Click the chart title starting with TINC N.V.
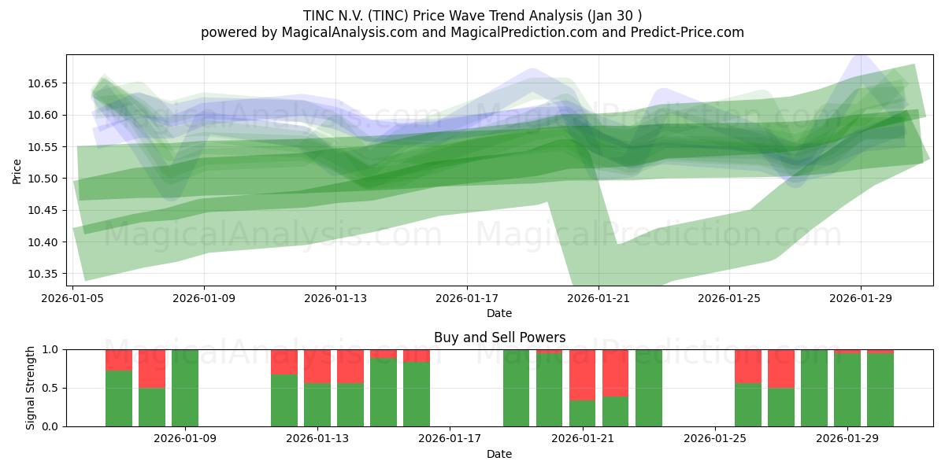(x=472, y=16)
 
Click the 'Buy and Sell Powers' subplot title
(x=499, y=337)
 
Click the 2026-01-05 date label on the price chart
(x=73, y=298)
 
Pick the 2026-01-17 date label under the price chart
(x=467, y=298)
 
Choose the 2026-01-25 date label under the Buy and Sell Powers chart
(x=714, y=439)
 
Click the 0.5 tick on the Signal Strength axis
(x=50, y=388)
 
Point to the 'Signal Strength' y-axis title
(x=31, y=388)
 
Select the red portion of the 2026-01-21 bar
(x=582, y=374)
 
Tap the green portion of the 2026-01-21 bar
(x=582, y=414)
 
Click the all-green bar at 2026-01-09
(x=185, y=388)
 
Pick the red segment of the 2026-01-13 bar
(x=317, y=366)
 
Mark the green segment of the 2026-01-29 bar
(x=847, y=390)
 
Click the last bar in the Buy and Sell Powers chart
(x=880, y=390)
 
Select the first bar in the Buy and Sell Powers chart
(x=119, y=398)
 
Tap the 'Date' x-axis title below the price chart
(x=499, y=313)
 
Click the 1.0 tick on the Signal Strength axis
(x=50, y=349)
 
